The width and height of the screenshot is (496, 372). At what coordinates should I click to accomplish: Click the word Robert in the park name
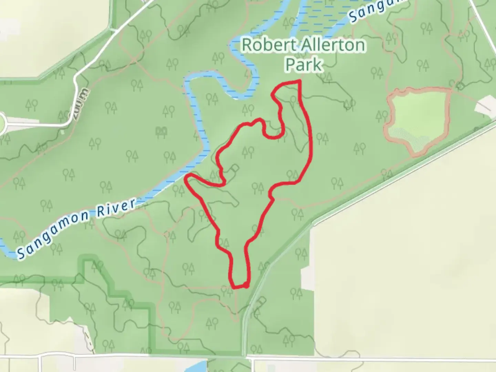[x=263, y=45]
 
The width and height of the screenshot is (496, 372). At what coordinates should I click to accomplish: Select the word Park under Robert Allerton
[x=304, y=64]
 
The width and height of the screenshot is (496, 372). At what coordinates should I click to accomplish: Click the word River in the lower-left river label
[x=116, y=208]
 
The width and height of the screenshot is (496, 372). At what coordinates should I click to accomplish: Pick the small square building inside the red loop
[x=235, y=168]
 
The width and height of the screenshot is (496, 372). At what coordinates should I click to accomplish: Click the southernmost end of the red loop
[x=239, y=286]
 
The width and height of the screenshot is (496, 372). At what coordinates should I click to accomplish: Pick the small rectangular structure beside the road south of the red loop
[x=261, y=300]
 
